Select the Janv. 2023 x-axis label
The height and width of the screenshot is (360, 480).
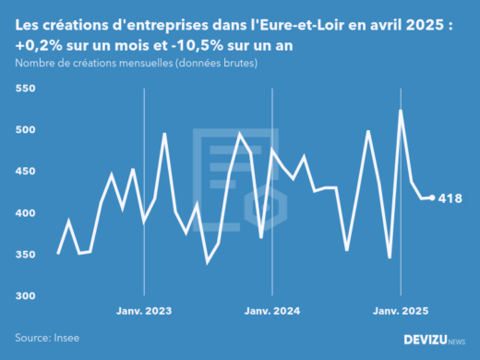144,311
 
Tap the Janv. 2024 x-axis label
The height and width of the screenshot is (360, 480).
272,311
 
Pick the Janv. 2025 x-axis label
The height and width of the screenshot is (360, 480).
401,311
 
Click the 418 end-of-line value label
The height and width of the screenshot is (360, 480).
450,198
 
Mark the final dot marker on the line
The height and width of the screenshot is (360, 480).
432,198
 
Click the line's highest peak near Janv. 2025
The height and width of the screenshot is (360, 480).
401,110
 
